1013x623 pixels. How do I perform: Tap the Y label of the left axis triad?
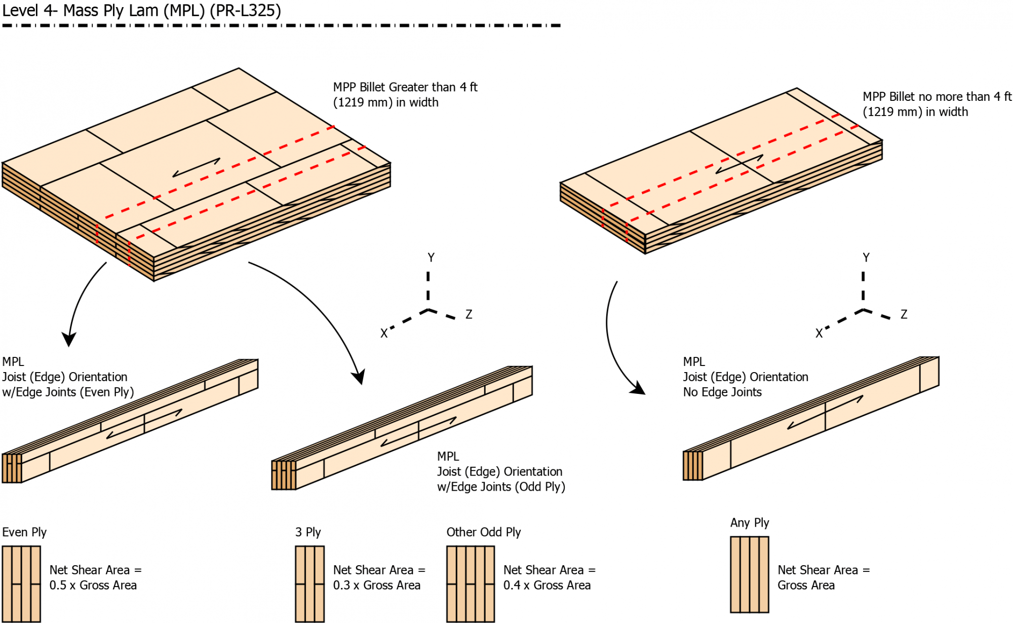[431, 258]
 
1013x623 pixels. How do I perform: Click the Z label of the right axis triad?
[904, 314]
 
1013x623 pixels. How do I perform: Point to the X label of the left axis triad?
[384, 334]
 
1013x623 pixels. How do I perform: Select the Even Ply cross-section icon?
[21, 584]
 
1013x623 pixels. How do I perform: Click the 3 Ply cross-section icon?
[309, 584]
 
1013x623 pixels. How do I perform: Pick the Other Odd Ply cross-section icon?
[470, 584]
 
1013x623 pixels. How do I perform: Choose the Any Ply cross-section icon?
[750, 574]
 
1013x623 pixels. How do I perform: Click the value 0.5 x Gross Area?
[93, 585]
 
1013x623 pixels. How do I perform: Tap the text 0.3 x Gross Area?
[377, 585]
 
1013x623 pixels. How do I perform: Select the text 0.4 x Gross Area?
[547, 585]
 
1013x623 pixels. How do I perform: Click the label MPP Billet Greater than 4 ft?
[405, 87]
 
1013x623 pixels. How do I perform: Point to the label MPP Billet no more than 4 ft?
[937, 97]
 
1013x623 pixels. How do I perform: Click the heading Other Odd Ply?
[484, 532]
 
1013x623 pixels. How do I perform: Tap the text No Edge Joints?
[722, 392]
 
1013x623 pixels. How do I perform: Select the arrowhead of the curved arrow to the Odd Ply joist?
[359, 378]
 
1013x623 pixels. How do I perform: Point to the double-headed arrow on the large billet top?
[197, 168]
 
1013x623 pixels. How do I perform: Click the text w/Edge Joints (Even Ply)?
[68, 392]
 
